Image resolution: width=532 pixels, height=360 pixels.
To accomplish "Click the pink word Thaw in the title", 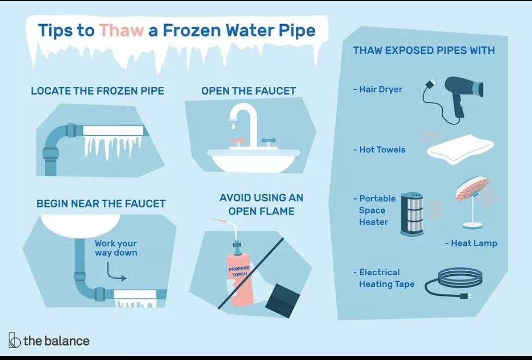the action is click(x=121, y=30).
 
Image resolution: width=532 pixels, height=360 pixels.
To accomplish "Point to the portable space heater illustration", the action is click(x=412, y=214).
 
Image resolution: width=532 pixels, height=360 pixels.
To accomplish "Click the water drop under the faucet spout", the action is click(x=233, y=126).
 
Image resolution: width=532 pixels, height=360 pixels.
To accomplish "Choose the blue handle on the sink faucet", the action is click(x=268, y=141).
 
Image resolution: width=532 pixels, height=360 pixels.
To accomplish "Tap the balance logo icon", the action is click(x=14, y=340).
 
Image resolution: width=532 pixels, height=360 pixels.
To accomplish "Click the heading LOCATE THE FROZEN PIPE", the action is click(x=97, y=91).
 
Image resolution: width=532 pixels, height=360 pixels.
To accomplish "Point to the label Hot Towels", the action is click(x=379, y=149).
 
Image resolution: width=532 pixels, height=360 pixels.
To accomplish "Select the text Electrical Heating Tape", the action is click(x=384, y=278).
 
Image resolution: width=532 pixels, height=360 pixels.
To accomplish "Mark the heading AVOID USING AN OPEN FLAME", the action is click(x=261, y=204).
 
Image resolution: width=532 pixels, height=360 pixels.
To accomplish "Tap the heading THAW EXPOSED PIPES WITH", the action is click(x=424, y=51).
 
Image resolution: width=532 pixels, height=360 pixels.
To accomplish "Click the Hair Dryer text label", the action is click(x=378, y=90).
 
